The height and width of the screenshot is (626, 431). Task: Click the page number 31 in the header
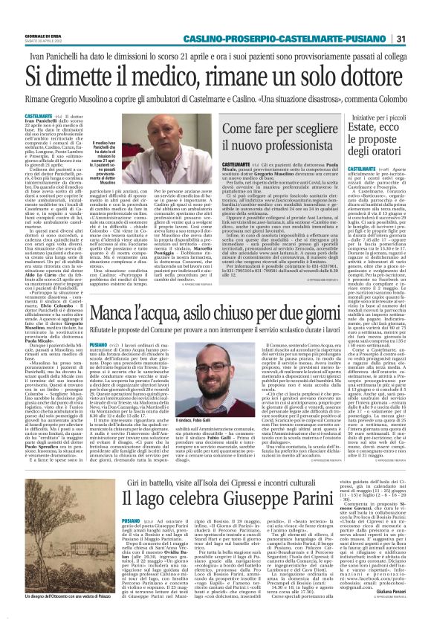(421, 18)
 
